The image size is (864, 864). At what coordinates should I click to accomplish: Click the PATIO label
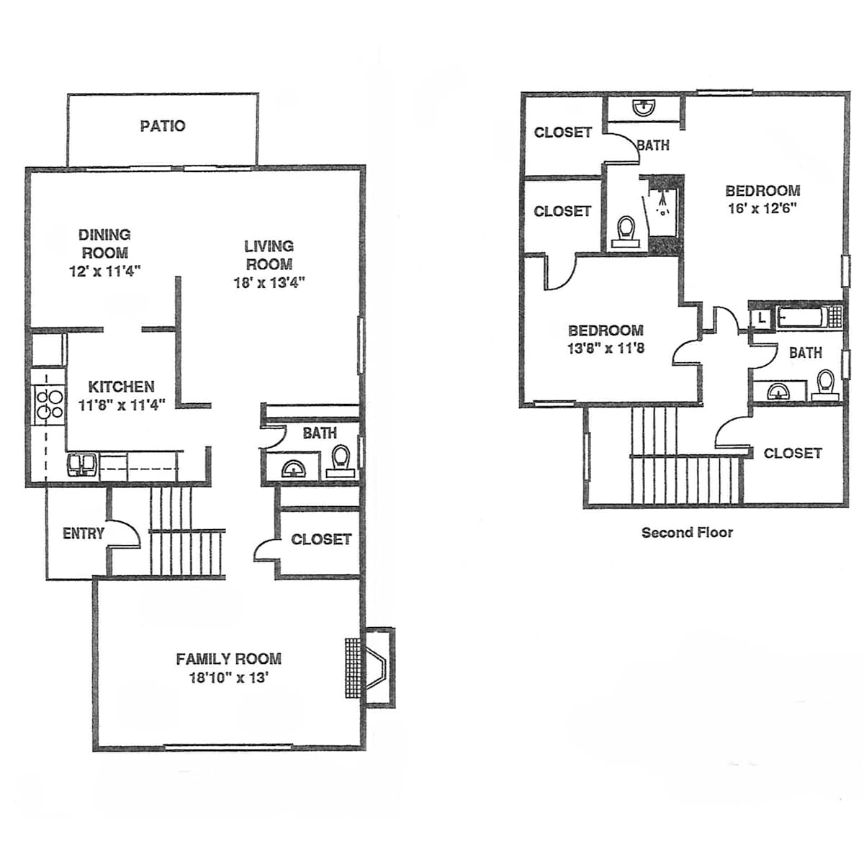(x=162, y=126)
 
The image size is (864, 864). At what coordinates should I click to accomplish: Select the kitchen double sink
(x=83, y=465)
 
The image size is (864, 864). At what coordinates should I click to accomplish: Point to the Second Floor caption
(x=687, y=533)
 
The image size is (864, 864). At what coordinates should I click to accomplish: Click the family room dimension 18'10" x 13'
(x=229, y=677)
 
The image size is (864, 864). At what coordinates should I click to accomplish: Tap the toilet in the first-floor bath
(x=341, y=461)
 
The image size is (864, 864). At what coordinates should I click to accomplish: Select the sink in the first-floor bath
(x=294, y=469)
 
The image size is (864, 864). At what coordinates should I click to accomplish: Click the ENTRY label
(x=84, y=534)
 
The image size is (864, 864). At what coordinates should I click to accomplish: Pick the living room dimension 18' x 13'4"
(x=269, y=283)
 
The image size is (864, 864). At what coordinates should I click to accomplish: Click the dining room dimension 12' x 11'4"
(x=105, y=271)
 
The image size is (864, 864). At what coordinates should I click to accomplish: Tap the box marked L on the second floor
(x=762, y=318)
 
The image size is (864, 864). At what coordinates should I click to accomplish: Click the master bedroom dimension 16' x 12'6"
(x=762, y=209)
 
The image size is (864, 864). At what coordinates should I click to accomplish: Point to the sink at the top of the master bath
(x=644, y=107)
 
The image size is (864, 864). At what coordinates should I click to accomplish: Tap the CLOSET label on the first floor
(x=321, y=539)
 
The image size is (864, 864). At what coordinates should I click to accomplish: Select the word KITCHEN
(x=121, y=387)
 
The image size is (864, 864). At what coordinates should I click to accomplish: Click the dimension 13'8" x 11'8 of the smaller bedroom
(x=606, y=348)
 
